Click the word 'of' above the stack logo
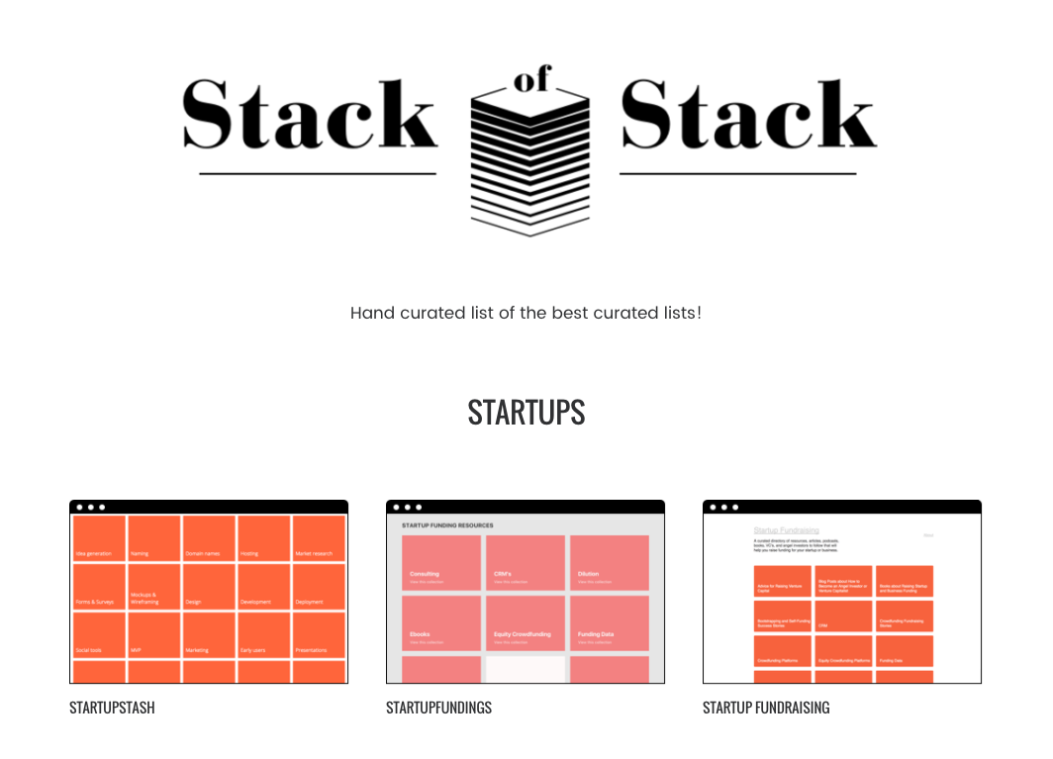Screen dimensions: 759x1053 coord(530,81)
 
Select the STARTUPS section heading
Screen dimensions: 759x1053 coord(526,412)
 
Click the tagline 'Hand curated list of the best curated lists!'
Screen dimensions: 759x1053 coord(526,313)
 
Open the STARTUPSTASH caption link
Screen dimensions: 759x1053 coord(112,708)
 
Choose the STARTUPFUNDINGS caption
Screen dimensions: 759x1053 coord(438,708)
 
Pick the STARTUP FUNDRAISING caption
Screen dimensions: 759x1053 coord(766,708)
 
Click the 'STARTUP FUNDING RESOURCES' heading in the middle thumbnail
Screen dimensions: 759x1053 coord(447,525)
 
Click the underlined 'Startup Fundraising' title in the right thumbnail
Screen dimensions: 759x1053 coord(786,531)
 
